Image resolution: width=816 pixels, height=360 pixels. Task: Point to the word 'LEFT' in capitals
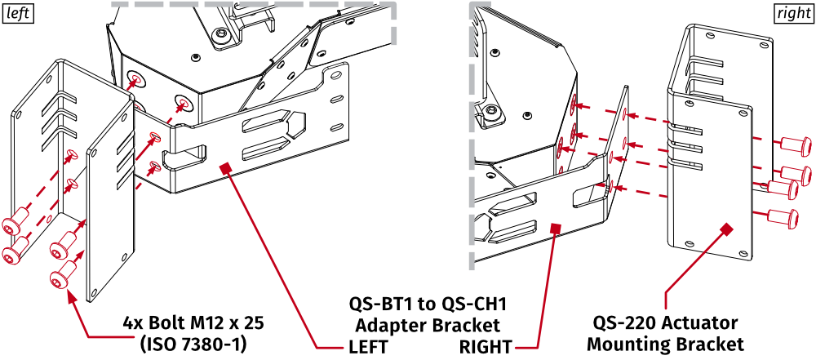tap(369, 345)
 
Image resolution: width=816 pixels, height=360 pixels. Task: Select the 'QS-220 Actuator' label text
tap(665, 322)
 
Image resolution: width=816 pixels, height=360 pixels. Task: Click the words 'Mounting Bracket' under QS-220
tap(665, 343)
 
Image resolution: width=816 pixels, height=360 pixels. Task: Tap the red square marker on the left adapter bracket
tap(226, 167)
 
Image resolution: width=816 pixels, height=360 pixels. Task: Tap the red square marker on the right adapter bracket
tap(557, 229)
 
